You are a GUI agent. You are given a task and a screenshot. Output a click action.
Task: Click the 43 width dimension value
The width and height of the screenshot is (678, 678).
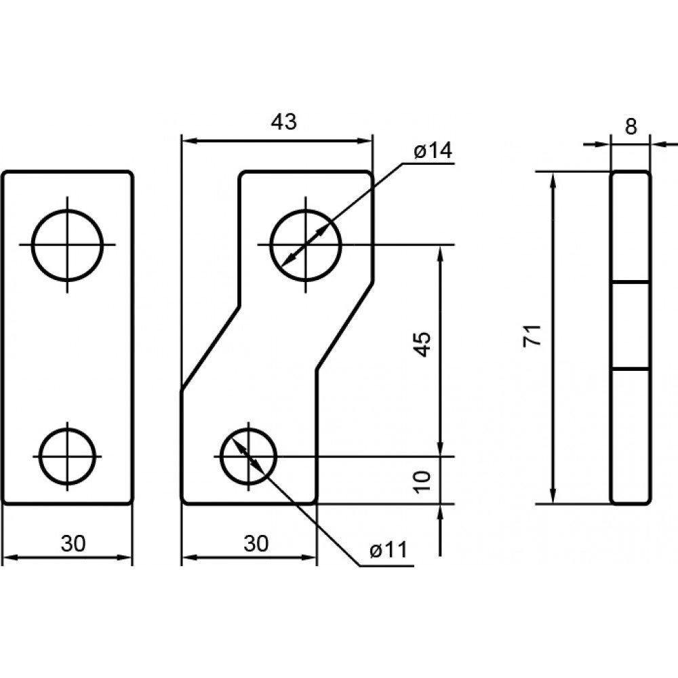[284, 122]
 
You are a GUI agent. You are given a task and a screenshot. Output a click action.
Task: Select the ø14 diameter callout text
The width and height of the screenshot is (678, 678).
[433, 151]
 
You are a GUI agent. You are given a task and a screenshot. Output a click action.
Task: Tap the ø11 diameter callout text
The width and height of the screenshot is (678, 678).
[388, 551]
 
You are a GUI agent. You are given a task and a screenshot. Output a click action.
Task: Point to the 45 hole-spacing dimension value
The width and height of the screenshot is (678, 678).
[423, 344]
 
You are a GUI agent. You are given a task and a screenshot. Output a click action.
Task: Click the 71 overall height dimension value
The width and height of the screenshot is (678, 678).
[533, 335]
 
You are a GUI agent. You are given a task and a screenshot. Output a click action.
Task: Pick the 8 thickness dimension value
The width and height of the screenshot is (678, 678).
[631, 127]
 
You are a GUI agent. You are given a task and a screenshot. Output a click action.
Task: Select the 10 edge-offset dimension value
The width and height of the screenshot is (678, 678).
[423, 481]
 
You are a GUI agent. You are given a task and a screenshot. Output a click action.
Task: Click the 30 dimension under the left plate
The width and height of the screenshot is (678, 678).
[73, 544]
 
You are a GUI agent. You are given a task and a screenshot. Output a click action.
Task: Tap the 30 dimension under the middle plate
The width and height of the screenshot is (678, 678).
[256, 544]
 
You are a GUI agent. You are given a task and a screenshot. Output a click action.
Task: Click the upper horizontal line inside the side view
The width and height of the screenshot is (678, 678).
[630, 282]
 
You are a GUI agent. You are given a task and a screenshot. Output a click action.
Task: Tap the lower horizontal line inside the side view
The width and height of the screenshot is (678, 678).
[630, 369]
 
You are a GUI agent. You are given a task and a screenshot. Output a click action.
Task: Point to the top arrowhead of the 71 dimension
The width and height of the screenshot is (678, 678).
[553, 180]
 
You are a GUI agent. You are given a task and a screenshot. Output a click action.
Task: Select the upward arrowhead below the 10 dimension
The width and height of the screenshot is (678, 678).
[441, 512]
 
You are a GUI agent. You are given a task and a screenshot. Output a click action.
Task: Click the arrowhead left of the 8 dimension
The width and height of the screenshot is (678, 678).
[602, 144]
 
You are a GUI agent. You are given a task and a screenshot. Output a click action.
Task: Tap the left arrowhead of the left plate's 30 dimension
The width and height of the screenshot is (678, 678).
[11, 558]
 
